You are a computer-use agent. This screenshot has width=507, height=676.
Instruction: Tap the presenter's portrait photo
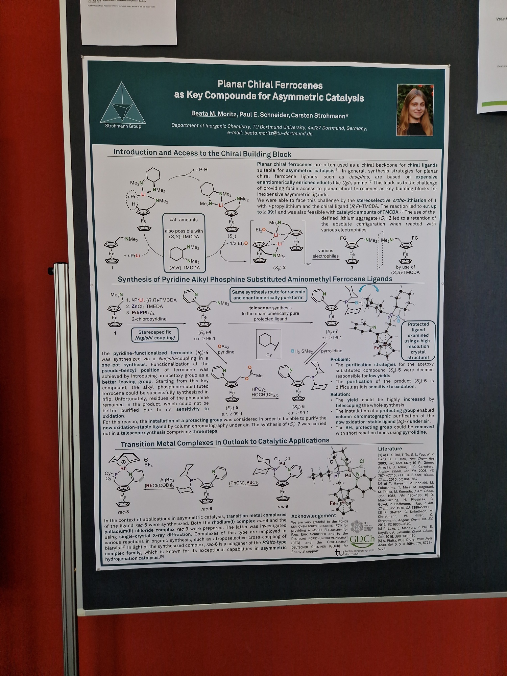[415, 110]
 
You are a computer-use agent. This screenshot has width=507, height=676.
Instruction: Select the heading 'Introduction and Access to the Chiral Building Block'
[202, 153]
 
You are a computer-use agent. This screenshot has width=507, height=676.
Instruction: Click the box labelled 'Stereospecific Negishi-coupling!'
[155, 335]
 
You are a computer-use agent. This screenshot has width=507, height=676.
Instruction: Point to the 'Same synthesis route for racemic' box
[268, 295]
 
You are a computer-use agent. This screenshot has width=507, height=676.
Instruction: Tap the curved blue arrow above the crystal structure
[369, 288]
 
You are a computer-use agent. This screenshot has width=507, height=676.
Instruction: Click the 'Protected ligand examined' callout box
[418, 340]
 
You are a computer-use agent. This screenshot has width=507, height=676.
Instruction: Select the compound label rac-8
[123, 512]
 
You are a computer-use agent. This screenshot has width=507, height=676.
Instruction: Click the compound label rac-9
[283, 506]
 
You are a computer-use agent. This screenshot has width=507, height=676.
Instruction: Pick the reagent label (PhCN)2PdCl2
[243, 483]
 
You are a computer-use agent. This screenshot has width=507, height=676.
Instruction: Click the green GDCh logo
[362, 539]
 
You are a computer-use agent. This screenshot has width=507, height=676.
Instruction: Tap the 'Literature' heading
[390, 449]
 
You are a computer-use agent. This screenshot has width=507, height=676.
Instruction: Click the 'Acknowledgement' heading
[313, 516]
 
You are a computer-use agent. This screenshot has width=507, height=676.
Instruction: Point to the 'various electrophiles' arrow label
[325, 254]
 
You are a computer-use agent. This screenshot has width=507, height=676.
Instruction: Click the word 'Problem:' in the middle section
[340, 359]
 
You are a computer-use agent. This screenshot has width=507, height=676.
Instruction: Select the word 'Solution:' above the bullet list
[340, 394]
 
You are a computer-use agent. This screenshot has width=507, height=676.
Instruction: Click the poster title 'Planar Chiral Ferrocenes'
[270, 84]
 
